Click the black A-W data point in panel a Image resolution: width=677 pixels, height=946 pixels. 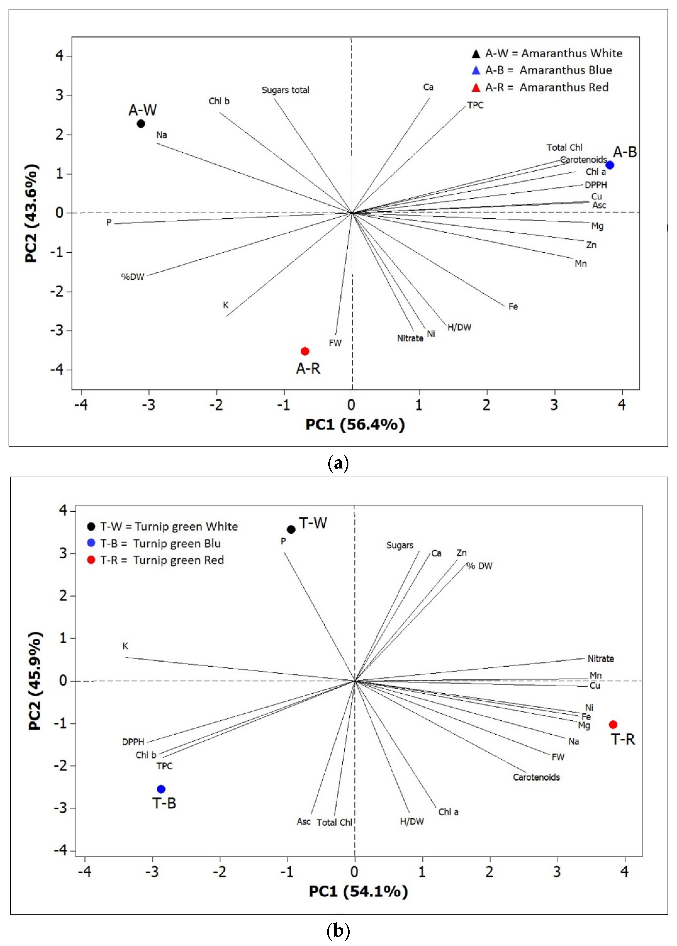(x=141, y=124)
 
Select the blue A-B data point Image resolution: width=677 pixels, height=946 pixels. (x=610, y=165)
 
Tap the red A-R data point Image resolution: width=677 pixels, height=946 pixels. (x=305, y=351)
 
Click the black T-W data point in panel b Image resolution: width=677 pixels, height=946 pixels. (x=291, y=530)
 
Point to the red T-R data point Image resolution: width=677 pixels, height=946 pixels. (x=613, y=725)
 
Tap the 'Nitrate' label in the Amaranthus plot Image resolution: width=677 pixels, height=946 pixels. (x=410, y=338)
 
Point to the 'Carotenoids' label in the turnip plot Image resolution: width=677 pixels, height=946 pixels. (x=536, y=777)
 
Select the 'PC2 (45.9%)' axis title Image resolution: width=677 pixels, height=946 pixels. (x=35, y=681)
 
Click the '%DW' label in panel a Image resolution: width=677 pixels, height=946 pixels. (x=133, y=277)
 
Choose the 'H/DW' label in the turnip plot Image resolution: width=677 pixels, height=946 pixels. (x=412, y=821)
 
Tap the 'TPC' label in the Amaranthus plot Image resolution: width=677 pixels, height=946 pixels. (x=475, y=105)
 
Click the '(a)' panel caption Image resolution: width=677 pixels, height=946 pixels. (x=338, y=463)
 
